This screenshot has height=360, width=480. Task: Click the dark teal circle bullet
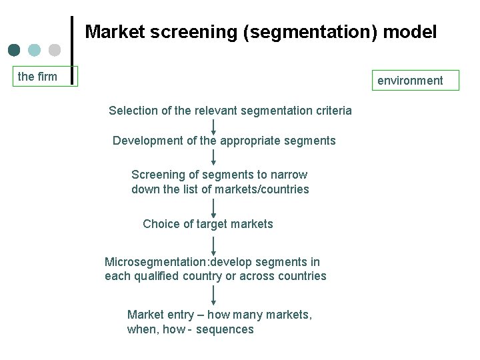coord(14,50)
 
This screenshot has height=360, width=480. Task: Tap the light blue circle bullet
coord(35,50)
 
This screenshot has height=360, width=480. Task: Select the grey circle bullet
coord(55,50)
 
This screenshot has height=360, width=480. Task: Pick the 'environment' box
coord(411,81)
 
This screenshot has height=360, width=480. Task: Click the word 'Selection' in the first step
coord(133,111)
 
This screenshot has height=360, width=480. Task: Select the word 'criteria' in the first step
coord(331,111)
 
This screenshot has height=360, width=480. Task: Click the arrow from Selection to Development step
coord(213,127)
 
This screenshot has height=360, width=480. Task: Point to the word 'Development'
coord(148,141)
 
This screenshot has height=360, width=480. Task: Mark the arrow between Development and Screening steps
coord(213,157)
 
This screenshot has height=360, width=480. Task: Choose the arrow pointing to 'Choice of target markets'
coord(213,207)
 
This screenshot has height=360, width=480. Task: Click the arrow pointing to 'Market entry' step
coord(213,295)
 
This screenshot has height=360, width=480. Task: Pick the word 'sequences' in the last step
coord(225,330)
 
